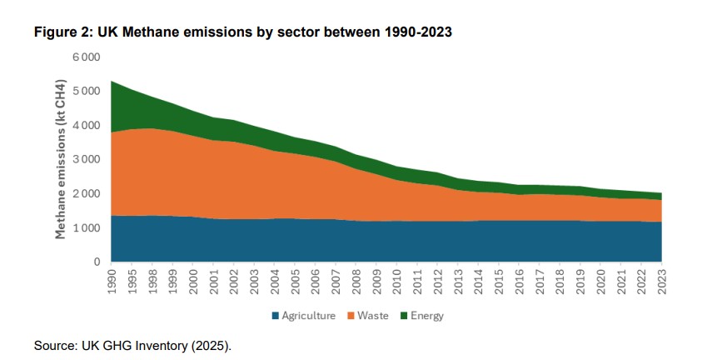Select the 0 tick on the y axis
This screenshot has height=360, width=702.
96,262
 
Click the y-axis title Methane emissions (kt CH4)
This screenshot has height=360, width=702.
61,159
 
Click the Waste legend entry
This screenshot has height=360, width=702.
380,317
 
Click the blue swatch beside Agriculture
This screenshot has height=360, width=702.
275,317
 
